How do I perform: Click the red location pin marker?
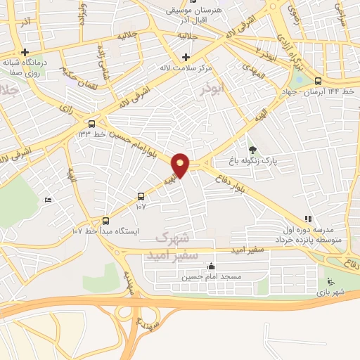click(x=181, y=165)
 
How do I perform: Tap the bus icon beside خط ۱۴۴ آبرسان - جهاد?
click(x=319, y=80)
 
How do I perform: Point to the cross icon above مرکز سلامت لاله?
click(x=186, y=57)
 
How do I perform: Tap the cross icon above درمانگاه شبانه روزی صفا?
click(x=25, y=52)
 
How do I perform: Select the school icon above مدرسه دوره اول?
click(x=307, y=219)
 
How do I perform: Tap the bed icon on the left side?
click(x=48, y=200)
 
